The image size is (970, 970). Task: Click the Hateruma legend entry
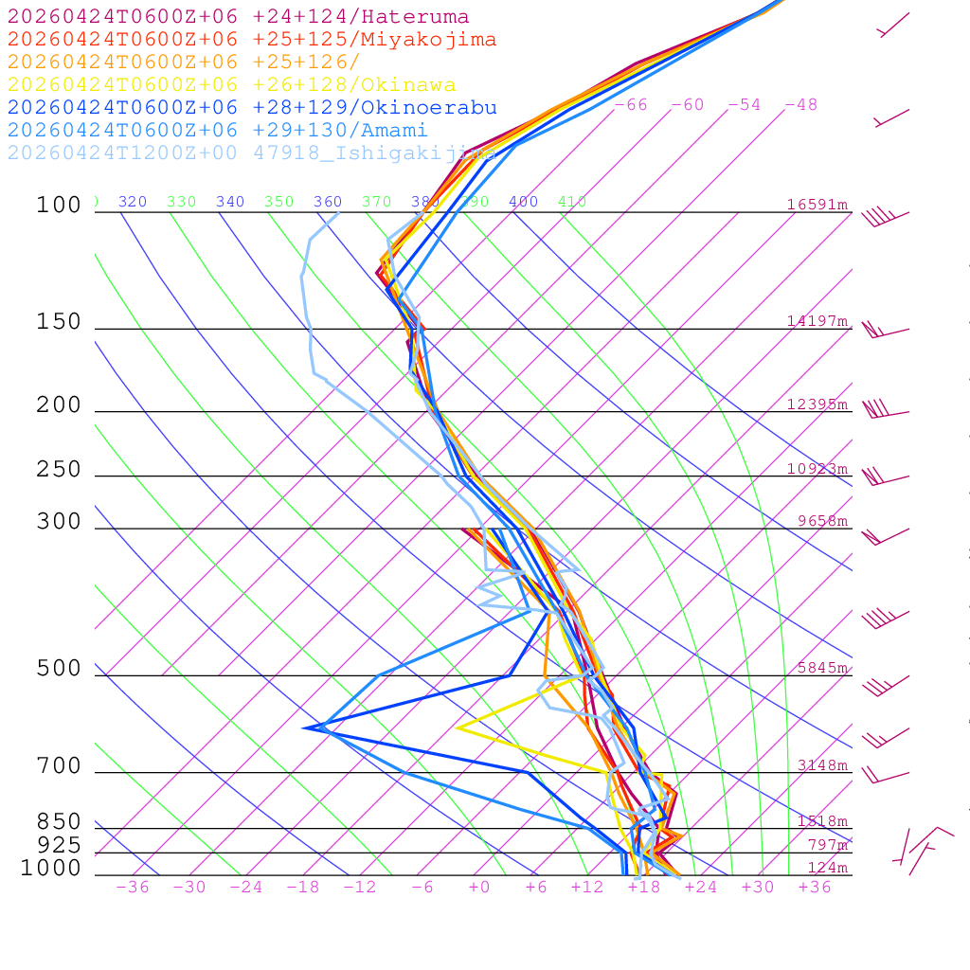238,17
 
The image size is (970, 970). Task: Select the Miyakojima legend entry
251,40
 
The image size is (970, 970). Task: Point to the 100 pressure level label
59,205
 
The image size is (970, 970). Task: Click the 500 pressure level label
59,669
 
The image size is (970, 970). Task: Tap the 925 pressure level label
59,844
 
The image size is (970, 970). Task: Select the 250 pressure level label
59,470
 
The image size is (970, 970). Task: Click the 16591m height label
817,205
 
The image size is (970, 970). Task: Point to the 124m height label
827,868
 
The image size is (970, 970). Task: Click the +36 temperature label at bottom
815,888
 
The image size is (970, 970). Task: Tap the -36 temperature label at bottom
133,888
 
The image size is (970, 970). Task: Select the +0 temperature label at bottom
479,888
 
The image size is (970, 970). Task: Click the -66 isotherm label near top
631,105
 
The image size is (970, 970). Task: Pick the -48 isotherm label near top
801,105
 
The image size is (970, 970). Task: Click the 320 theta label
133,202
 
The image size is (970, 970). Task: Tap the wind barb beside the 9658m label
881,535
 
